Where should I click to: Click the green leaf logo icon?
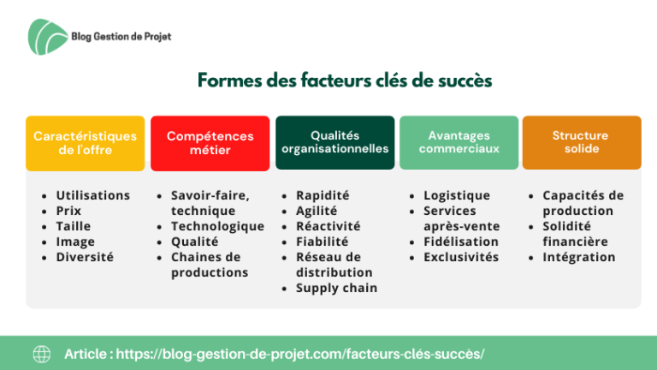(47, 37)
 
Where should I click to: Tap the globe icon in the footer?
(42, 354)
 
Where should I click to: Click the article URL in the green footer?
(300, 354)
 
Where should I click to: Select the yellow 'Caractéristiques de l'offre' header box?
(85, 143)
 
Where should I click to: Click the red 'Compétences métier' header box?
(210, 143)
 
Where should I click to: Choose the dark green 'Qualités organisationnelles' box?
(334, 143)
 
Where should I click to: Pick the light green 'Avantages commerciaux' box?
(459, 143)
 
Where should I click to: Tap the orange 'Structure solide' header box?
(582, 143)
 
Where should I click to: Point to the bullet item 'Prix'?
(68, 211)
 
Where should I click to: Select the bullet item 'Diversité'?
(85, 257)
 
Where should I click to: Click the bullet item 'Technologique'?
(217, 226)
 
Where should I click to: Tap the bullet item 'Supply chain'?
(336, 288)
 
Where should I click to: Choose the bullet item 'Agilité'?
(317, 211)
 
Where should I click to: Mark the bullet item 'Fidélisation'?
(461, 242)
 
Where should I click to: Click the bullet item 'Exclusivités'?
(461, 257)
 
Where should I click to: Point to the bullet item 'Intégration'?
(579, 257)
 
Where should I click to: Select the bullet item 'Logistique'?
(457, 195)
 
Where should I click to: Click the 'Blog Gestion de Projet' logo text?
(121, 37)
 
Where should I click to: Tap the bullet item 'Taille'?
(74, 226)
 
